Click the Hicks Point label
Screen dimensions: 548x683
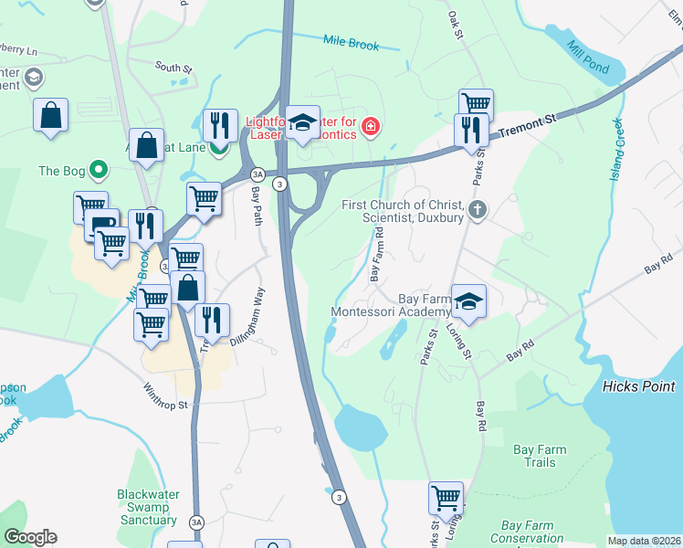tap(638, 386)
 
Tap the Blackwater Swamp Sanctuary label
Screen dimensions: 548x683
tap(147, 507)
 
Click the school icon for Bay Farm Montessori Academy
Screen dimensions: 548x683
tap(468, 301)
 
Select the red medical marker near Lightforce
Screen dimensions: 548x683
tap(371, 126)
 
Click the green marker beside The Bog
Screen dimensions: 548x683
tap(100, 170)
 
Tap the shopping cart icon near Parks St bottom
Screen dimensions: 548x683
tap(446, 499)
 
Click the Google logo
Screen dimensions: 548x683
tap(30, 536)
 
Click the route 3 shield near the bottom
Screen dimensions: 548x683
tap(339, 497)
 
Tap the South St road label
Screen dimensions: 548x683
tap(173, 67)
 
